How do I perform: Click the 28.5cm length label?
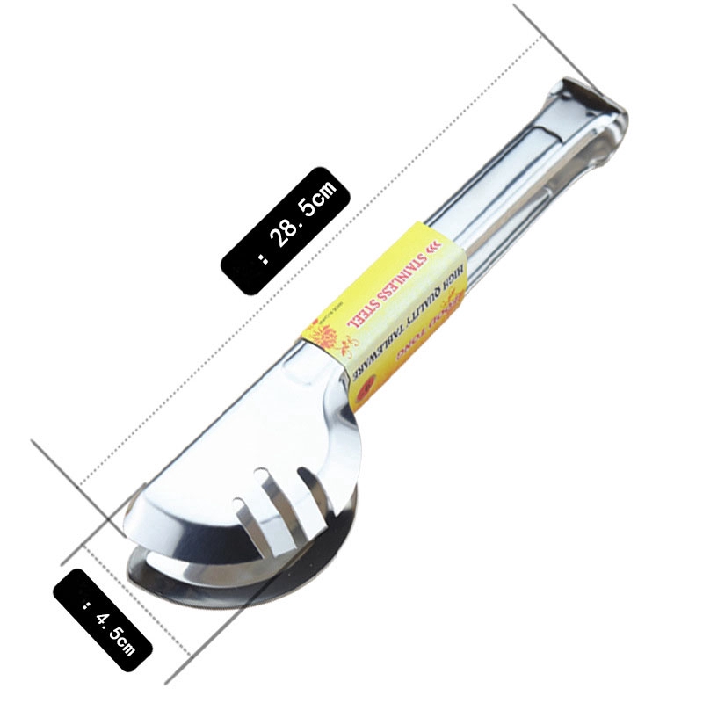(286, 228)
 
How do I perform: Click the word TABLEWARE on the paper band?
(382, 360)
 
